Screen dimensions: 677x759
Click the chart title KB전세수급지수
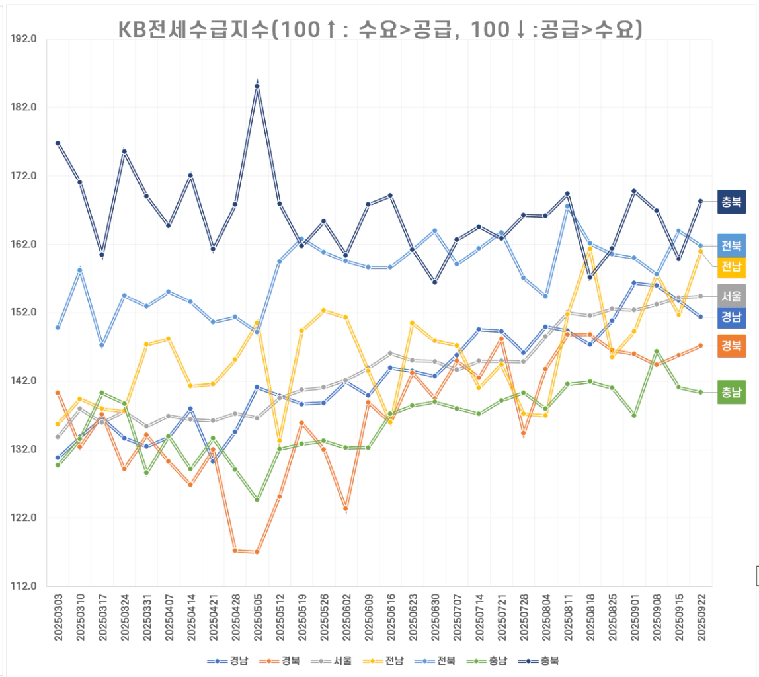[x=379, y=28]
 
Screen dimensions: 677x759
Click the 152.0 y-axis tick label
[x=24, y=313]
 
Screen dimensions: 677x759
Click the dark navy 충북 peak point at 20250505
[x=257, y=86]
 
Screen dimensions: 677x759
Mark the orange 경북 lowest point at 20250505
[x=257, y=552]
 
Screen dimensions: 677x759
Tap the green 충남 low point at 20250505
[x=257, y=500]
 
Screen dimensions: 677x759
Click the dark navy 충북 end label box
[x=731, y=202]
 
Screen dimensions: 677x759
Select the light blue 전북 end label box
[x=731, y=246]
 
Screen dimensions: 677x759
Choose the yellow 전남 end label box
[x=731, y=266]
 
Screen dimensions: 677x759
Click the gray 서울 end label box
[x=731, y=296]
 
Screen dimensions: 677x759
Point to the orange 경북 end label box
[x=731, y=346]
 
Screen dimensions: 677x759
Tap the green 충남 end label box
[x=731, y=393]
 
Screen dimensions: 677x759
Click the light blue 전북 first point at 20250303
[x=58, y=327]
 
